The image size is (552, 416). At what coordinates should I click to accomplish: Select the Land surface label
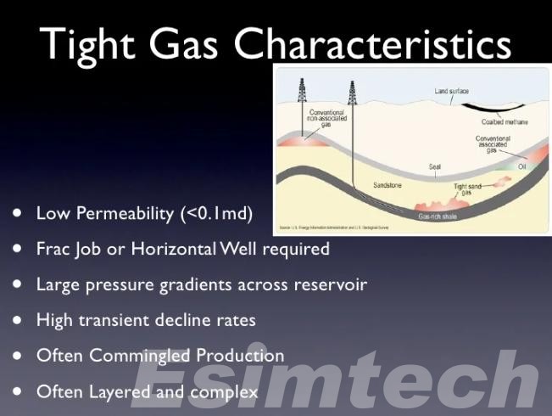452,91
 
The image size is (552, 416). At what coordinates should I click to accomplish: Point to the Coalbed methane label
505,121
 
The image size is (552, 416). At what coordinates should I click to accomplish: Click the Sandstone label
388,184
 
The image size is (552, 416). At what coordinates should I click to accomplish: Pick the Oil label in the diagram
522,166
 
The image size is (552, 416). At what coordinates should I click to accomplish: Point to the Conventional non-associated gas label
326,118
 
